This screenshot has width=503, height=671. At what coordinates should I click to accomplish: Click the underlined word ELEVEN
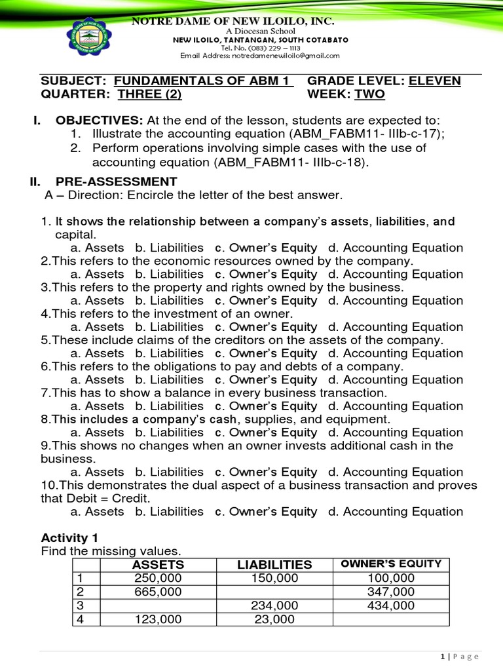click(x=434, y=81)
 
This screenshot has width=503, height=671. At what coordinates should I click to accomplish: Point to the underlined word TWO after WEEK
click(x=369, y=95)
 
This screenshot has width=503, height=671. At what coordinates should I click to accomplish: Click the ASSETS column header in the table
click(x=158, y=565)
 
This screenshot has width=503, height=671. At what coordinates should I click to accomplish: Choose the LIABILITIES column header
click(x=274, y=565)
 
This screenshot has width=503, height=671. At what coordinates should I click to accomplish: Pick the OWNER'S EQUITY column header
click(x=392, y=564)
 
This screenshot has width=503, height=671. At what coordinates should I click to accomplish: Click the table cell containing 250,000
click(x=158, y=578)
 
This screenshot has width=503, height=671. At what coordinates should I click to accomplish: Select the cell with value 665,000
click(x=158, y=592)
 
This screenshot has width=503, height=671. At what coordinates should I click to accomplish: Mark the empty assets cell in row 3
click(x=158, y=605)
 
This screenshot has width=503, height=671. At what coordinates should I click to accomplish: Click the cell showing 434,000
click(x=392, y=605)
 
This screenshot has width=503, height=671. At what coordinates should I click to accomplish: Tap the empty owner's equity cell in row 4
click(x=392, y=619)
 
